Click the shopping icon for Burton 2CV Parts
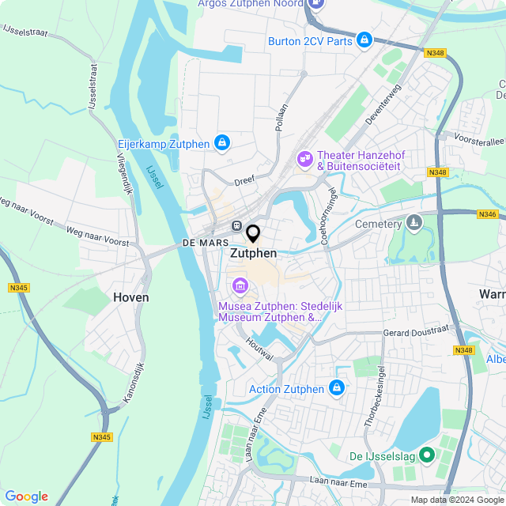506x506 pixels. tap(364, 39)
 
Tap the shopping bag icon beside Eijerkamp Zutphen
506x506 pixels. tap(223, 143)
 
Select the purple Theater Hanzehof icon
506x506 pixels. tap(304, 160)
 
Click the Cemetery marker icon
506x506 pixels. tap(413, 224)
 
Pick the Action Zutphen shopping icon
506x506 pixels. tap(337, 388)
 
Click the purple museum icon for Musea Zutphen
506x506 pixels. tap(237, 285)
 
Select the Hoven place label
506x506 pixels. tap(130, 297)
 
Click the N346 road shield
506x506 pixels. tap(487, 214)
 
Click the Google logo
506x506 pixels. tap(26, 496)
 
